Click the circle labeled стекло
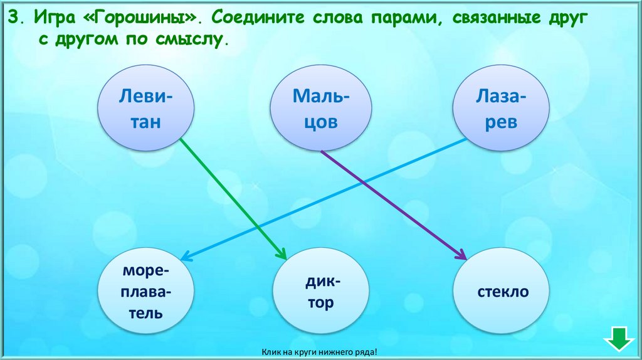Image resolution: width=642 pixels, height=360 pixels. coord(502,292)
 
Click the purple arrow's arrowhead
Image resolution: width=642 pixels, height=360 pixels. coord(463,255)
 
